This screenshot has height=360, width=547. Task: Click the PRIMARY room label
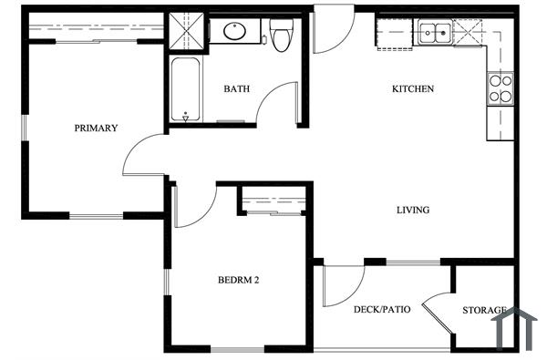pyautogui.click(x=96, y=129)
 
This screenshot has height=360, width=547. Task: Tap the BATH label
pyautogui.click(x=238, y=89)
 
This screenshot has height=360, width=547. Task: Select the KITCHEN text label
pyautogui.click(x=412, y=89)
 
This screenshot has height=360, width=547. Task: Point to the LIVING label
pyautogui.click(x=412, y=211)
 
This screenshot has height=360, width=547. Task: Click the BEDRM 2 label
pyautogui.click(x=239, y=280)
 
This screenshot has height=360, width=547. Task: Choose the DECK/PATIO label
pyautogui.click(x=381, y=310)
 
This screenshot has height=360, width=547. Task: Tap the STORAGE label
pyautogui.click(x=484, y=311)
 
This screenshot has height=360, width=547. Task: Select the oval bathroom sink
pyautogui.click(x=234, y=33)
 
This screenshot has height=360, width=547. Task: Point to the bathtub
pyautogui.click(x=185, y=88)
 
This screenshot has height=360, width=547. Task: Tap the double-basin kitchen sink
pyautogui.click(x=435, y=35)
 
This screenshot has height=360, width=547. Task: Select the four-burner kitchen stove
pyautogui.click(x=501, y=88)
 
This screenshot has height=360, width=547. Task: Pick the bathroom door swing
pyautogui.click(x=279, y=105)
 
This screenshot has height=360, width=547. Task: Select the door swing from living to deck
pyautogui.click(x=343, y=284)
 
